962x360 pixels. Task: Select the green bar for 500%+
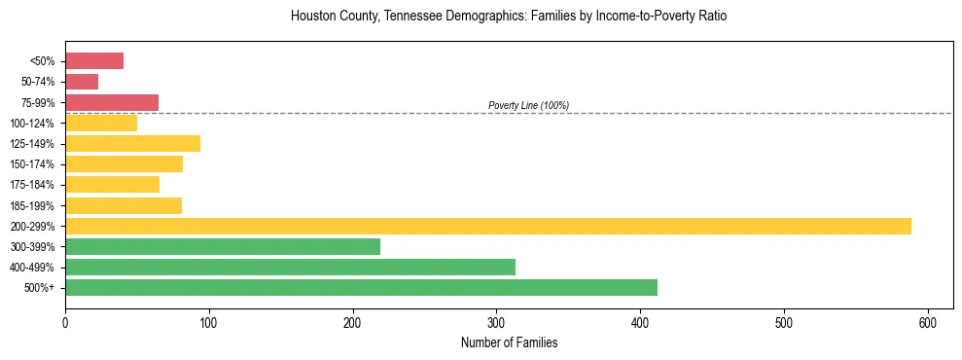[361, 287]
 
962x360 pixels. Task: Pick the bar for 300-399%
[223, 246]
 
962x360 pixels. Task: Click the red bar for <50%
[94, 61]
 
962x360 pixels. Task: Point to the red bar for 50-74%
[82, 82]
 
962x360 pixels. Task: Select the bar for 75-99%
[112, 102]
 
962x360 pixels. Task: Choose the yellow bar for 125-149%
[132, 143]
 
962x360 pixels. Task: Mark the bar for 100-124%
[101, 123]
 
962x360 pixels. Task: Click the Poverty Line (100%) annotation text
[528, 105]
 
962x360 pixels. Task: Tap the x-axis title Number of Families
[509, 342]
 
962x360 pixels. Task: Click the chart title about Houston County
[509, 17]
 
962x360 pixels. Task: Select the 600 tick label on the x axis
[927, 323]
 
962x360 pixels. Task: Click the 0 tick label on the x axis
[65, 323]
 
